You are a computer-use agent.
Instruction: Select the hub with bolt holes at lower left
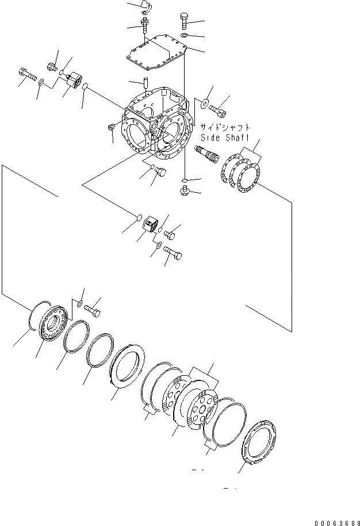coord(55,325)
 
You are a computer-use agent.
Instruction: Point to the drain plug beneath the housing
coord(185,189)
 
